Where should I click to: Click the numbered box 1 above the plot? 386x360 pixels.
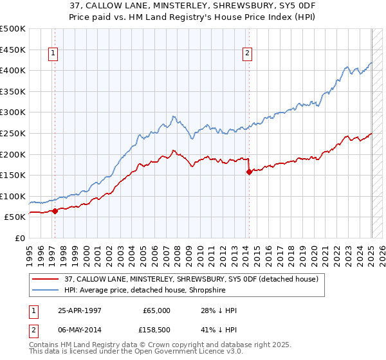point(53,54)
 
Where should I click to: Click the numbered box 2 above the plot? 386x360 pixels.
point(247,54)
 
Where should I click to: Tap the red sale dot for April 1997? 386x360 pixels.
point(55,210)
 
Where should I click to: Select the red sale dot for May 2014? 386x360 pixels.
point(248,172)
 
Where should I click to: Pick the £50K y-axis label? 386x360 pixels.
point(15,217)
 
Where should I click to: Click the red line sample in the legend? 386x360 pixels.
point(46,279)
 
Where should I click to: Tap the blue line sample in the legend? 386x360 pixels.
point(46,290)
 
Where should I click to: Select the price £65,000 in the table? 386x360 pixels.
point(157,310)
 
